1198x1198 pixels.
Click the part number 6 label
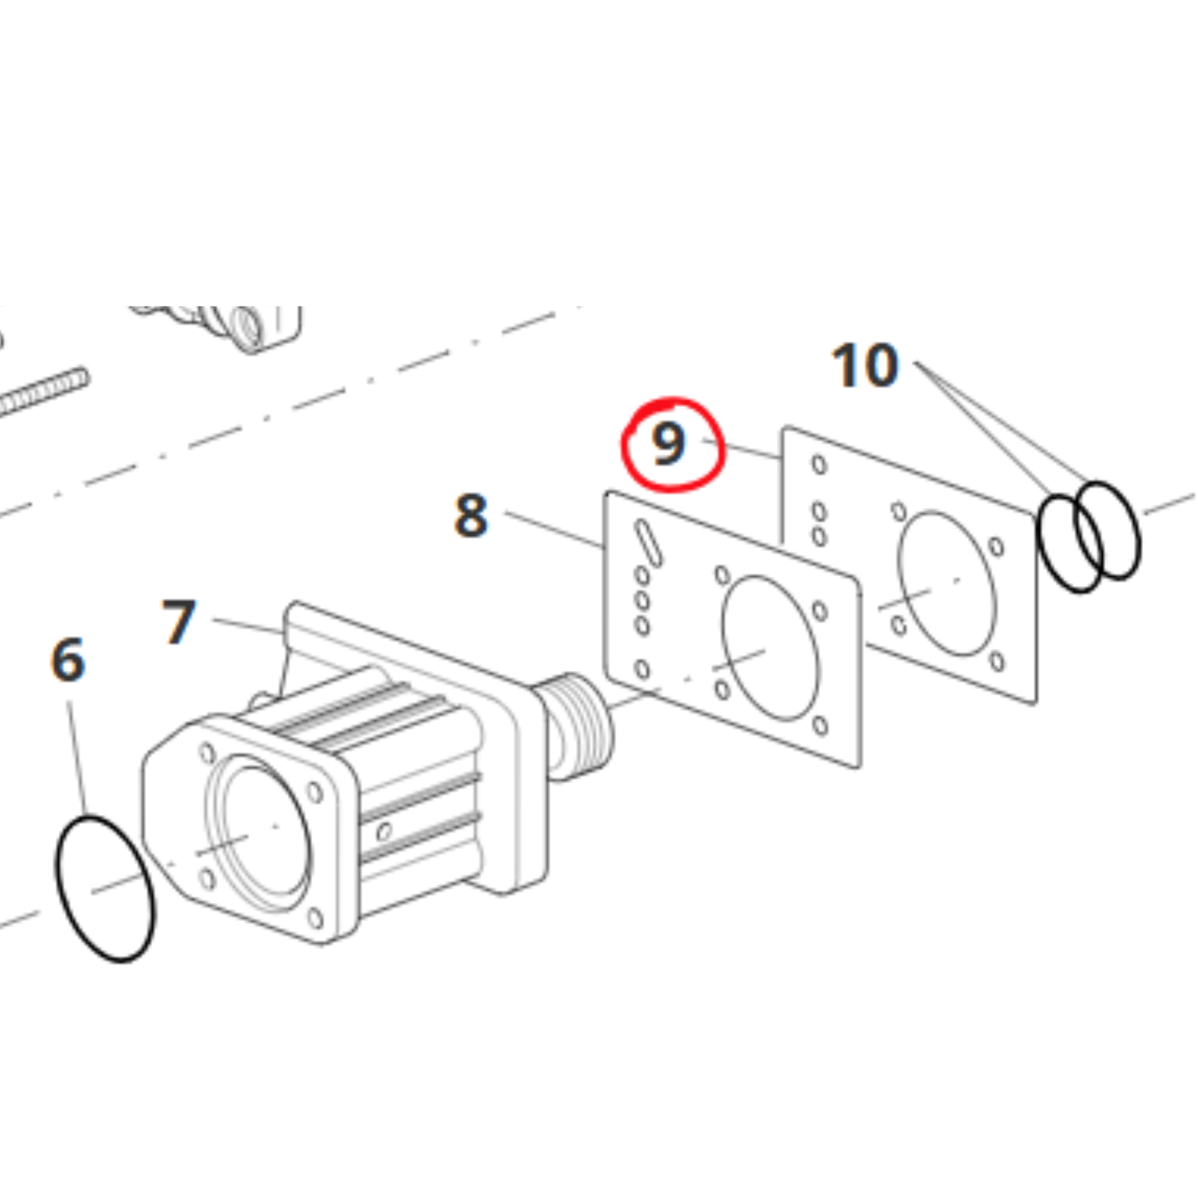pyautogui.click(x=68, y=659)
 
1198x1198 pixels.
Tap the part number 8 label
pyautogui.click(x=471, y=515)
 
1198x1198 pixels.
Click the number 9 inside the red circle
pyautogui.click(x=668, y=444)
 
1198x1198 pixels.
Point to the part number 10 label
pyautogui.click(x=865, y=365)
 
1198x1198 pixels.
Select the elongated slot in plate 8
pyautogui.click(x=648, y=543)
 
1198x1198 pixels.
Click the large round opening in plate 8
pyautogui.click(x=770, y=648)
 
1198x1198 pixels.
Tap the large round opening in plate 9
pyautogui.click(x=946, y=584)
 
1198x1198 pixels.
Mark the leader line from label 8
pyautogui.click(x=554, y=530)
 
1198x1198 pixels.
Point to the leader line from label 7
pyautogui.click(x=249, y=626)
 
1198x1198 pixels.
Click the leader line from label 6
pyautogui.click(x=76, y=758)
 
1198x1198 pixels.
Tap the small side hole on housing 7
pyautogui.click(x=384, y=831)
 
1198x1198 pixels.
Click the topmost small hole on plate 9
pyautogui.click(x=819, y=464)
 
